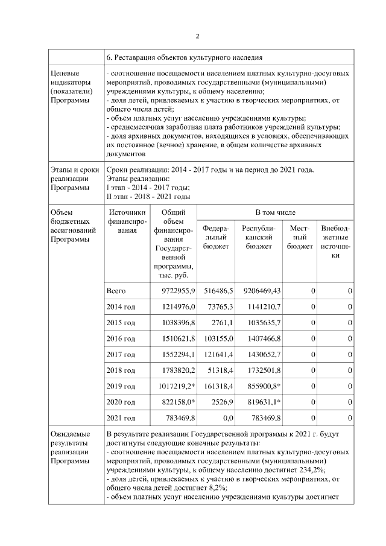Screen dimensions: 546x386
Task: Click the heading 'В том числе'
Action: (275, 213)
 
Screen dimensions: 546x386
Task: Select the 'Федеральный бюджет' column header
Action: (215, 238)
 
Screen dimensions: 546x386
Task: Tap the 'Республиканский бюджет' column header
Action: (258, 238)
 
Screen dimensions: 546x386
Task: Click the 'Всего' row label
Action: (116, 291)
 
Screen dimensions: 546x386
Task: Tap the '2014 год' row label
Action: (121, 307)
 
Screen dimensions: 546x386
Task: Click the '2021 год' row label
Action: (121, 417)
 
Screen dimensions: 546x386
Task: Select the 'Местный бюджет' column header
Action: (300, 238)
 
